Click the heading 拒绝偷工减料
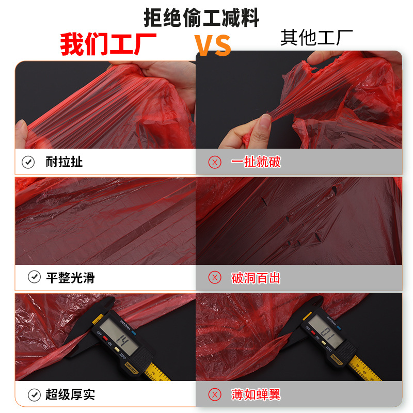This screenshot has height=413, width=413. coord(201,18)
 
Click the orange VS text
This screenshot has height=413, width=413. coord(213,45)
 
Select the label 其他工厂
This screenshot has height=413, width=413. coord(316,38)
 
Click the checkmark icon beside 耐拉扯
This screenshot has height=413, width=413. coord(28,162)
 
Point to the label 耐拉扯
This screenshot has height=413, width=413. coord(64,162)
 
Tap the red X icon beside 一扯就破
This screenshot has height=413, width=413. coord(214,162)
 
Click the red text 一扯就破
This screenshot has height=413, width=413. coord(256,162)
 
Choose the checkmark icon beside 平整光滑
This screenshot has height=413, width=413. coord(34,278)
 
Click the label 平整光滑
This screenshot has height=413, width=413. coord(70,278)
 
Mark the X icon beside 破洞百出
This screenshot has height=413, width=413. coord(214,278)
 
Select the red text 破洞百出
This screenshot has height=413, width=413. coord(256,278)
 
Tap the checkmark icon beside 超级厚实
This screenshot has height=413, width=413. coord(34,395)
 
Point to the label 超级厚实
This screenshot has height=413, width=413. coord(70,395)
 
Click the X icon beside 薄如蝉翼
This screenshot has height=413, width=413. coord(214,395)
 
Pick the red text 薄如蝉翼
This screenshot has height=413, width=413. coord(256,395)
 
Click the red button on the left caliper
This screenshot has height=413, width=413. coord(105,339)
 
